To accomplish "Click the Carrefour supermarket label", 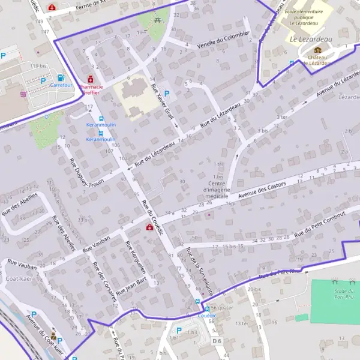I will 62,85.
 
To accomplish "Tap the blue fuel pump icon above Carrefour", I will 61,77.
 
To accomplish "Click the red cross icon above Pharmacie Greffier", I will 91,79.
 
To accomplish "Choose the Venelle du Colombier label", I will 223,41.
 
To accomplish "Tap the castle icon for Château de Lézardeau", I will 317,50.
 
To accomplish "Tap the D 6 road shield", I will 217,341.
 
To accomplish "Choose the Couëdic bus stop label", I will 207,315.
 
